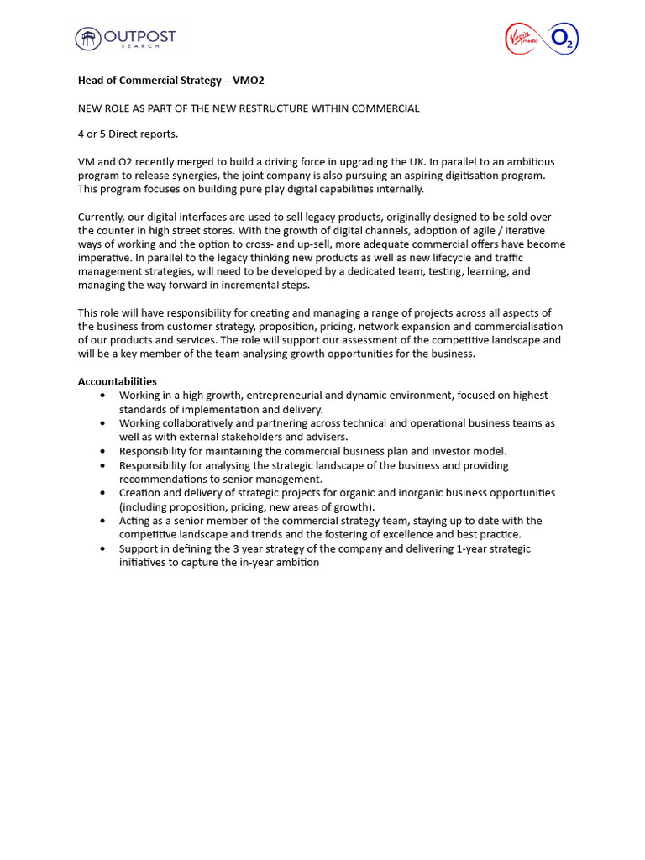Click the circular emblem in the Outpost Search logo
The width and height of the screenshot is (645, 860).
pyautogui.click(x=87, y=39)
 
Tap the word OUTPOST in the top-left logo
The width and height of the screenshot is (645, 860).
pyautogui.click(x=139, y=36)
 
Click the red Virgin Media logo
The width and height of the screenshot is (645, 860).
pyautogui.click(x=525, y=39)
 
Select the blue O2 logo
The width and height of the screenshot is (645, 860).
pyautogui.click(x=562, y=39)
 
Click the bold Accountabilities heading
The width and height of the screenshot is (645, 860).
pyautogui.click(x=118, y=381)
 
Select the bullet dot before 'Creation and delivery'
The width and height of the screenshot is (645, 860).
pyautogui.click(x=102, y=493)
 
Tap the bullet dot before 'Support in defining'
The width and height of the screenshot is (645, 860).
pyautogui.click(x=102, y=548)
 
